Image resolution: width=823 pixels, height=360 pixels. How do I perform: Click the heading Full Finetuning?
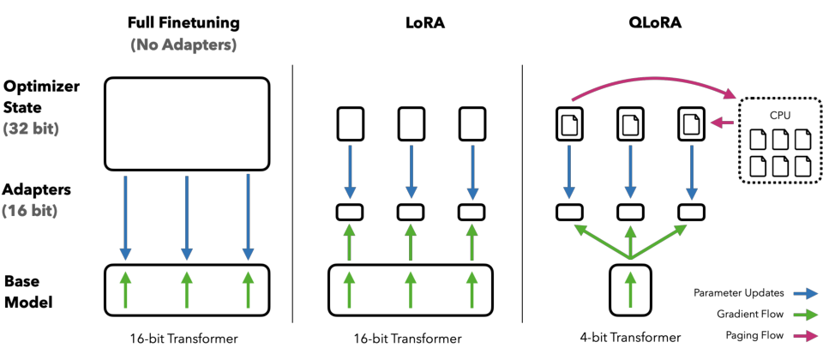tap(183, 23)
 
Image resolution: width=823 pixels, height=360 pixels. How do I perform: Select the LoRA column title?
tap(411, 23)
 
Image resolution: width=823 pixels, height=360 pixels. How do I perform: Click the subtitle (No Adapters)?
tap(183, 45)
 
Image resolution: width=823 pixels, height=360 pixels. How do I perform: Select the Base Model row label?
tap(28, 291)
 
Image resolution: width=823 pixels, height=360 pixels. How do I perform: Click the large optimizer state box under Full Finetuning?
tap(187, 123)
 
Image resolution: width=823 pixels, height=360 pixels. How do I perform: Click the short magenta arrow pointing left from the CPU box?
tap(722, 123)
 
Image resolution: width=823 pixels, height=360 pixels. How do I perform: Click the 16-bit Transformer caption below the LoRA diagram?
tap(407, 339)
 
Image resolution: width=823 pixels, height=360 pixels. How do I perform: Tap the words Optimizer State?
tap(42, 97)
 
